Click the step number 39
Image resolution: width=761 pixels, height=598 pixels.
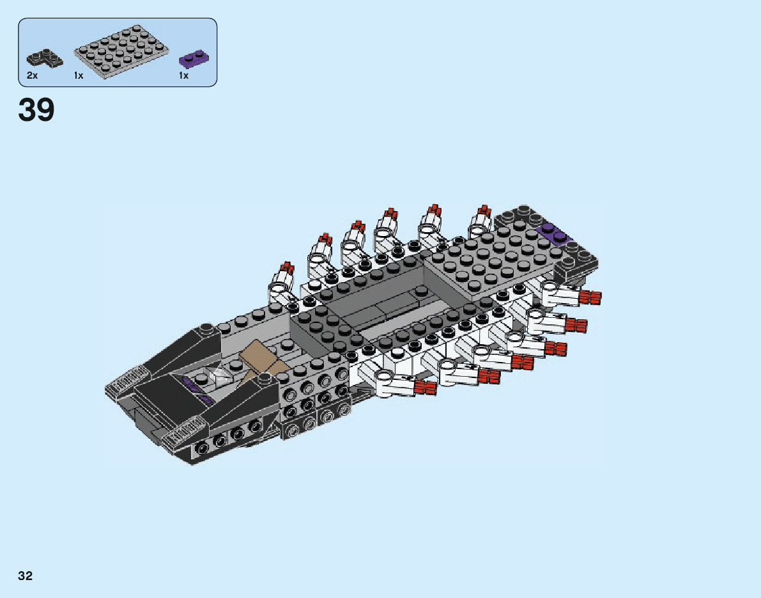(x=36, y=110)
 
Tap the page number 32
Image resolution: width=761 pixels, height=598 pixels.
(x=25, y=576)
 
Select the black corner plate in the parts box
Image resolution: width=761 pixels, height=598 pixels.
(x=44, y=58)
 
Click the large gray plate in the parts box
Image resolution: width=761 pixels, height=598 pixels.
(x=121, y=52)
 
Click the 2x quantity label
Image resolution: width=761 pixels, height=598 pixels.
(x=32, y=75)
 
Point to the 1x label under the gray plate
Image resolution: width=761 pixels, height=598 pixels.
(x=79, y=75)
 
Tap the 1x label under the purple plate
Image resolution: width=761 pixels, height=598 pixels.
(x=183, y=75)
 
